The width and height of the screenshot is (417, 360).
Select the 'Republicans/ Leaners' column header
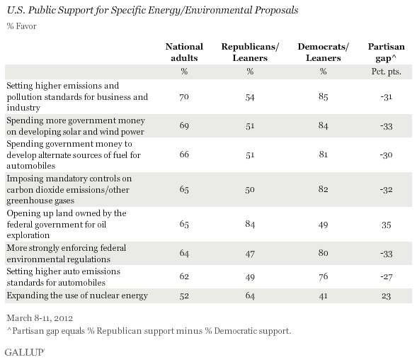tap(249, 52)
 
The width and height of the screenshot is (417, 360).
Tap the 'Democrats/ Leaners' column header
tap(322, 52)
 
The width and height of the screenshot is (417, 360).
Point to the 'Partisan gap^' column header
tap(385, 52)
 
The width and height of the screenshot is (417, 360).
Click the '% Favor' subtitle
tap(22, 27)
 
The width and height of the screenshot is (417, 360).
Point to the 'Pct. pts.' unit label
tap(386, 71)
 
